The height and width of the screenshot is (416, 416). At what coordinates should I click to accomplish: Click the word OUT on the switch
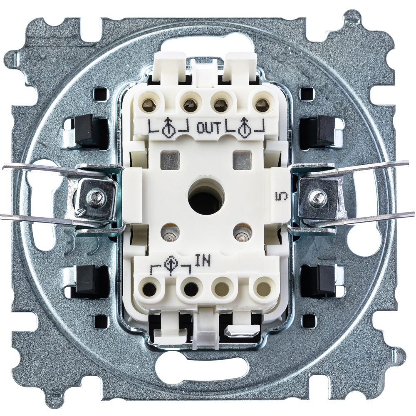(x=208, y=129)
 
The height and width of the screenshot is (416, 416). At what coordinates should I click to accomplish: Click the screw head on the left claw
(x=95, y=197)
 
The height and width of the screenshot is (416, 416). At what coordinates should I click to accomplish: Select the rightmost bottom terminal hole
(x=262, y=287)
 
